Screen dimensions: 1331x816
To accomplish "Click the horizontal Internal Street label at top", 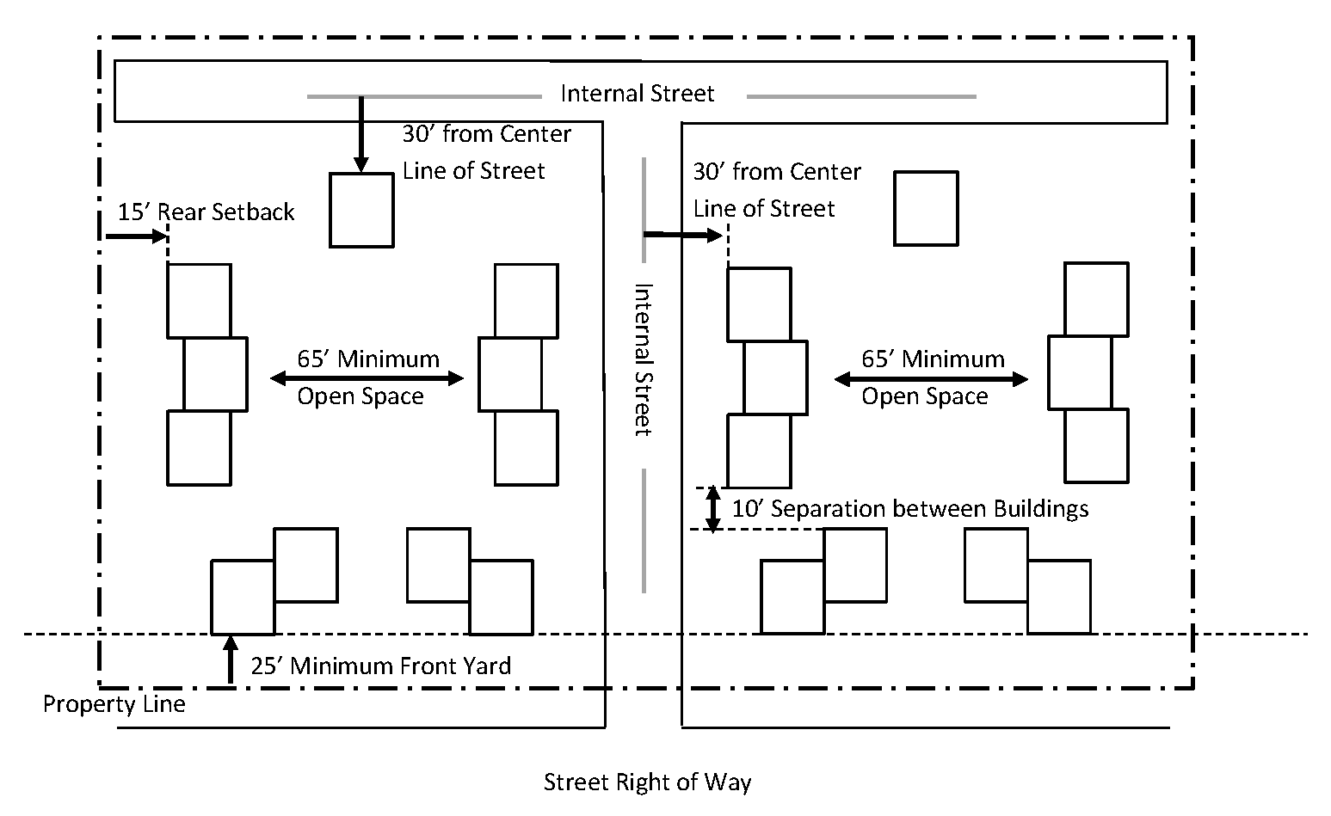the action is [x=637, y=94].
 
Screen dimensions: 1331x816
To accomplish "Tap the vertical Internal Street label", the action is [x=644, y=360].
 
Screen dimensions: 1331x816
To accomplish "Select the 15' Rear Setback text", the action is [x=206, y=212].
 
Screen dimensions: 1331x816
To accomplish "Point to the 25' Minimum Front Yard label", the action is [x=380, y=666].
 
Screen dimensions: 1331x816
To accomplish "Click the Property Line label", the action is [x=114, y=704].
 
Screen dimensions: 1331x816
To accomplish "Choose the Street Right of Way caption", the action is [x=647, y=782].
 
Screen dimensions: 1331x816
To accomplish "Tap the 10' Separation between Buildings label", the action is [x=909, y=509].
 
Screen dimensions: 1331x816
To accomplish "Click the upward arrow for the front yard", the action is [x=231, y=660].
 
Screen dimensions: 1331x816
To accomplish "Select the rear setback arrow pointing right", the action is [x=137, y=236].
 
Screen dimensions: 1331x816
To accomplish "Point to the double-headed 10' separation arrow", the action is [x=713, y=508].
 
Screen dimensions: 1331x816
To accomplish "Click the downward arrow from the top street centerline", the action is [x=360, y=134].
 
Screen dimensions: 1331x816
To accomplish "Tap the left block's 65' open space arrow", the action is [x=367, y=378].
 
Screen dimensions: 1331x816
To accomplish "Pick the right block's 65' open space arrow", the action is [x=931, y=379].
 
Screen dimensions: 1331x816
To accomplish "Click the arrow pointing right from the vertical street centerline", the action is [x=683, y=236].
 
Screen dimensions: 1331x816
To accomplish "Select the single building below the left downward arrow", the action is [x=361, y=211].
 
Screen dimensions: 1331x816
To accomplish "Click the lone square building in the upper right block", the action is [x=926, y=208].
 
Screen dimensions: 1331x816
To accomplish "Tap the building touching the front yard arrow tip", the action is [x=243, y=598].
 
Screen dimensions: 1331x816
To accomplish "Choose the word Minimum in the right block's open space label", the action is [x=953, y=359].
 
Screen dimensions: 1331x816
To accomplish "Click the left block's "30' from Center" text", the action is [x=486, y=134].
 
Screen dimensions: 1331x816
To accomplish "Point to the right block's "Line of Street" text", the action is [x=763, y=209].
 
